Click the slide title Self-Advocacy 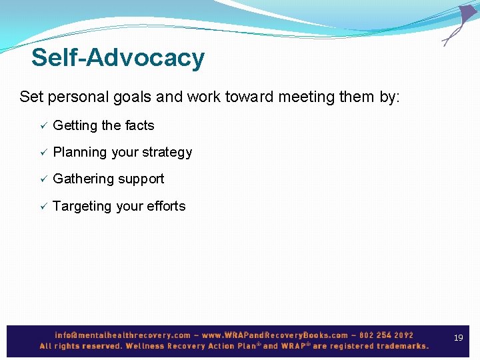tap(117, 58)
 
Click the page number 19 tap(458, 338)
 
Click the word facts tap(139, 125)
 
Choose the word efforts tap(167, 206)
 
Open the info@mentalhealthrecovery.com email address tap(123, 335)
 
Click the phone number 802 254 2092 tap(387, 335)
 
